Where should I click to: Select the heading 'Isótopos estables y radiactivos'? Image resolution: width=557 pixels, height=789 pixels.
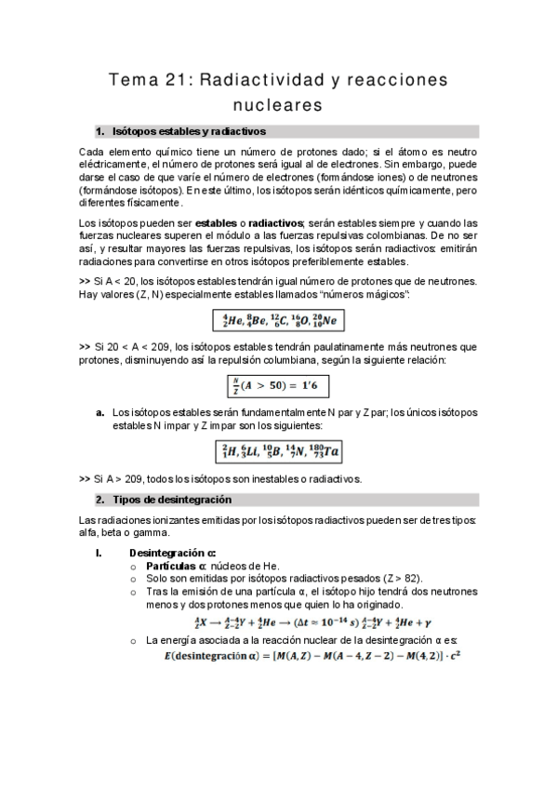point(189,131)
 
